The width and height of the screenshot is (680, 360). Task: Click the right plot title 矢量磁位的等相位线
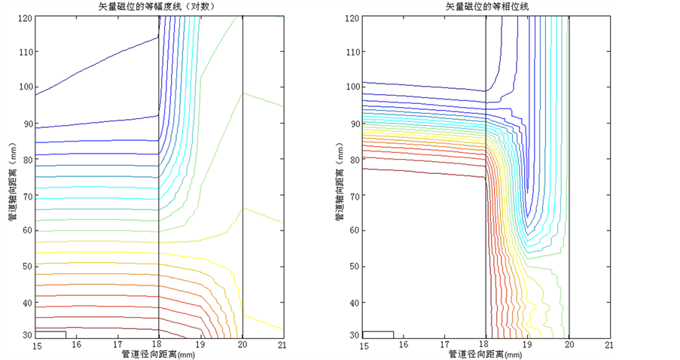[x=487, y=7]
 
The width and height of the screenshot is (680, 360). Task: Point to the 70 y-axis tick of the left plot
[x=26, y=195]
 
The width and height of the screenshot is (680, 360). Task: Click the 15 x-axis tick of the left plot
[x=36, y=346]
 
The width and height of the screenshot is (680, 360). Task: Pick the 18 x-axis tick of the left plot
[x=160, y=346]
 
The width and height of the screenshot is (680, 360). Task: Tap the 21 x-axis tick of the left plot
[x=282, y=346]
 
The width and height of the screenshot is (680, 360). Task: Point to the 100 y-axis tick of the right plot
[x=350, y=87]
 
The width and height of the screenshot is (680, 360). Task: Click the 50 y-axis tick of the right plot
[x=352, y=267]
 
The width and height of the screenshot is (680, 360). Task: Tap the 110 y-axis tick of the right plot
[x=350, y=52]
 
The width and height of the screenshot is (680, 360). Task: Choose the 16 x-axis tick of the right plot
[x=404, y=346]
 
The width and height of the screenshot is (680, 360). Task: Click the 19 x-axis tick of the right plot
[x=527, y=346]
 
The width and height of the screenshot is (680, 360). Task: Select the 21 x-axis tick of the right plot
[x=609, y=346]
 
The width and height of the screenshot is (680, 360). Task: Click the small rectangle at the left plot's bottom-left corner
[x=51, y=334]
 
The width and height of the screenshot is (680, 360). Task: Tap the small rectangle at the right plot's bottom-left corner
[x=378, y=334]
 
